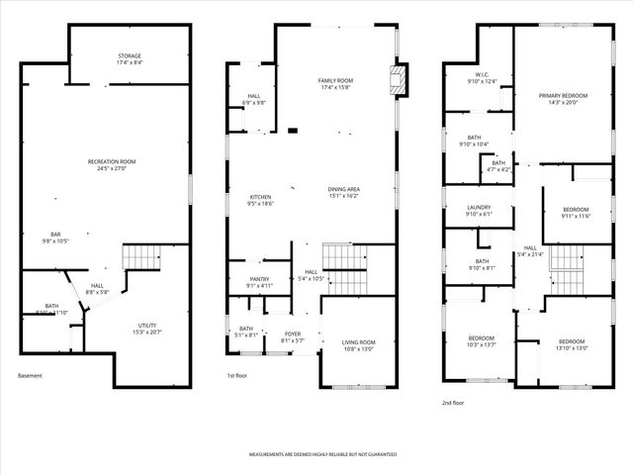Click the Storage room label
[x=129, y=58]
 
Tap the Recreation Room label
[x=112, y=164]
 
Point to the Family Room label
[x=335, y=83]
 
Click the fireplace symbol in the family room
[x=399, y=82]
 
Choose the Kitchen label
[x=261, y=199]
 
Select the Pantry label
[x=259, y=282]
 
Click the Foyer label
[x=293, y=337]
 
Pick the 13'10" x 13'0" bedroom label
[x=572, y=344]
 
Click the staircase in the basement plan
[x=140, y=258]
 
